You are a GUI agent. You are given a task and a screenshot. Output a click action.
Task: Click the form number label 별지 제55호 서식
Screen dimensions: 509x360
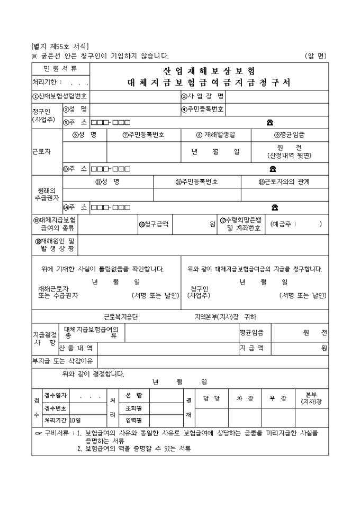tap(60, 47)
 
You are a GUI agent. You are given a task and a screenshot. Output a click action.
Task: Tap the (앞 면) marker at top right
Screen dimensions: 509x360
tap(316, 56)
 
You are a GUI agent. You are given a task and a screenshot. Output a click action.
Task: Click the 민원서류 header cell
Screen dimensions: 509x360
tap(60, 69)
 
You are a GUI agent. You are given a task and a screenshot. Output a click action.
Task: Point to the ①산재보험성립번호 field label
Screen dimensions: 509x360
tap(60, 96)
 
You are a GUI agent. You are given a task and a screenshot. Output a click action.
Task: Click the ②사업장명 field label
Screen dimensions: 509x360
tap(203, 96)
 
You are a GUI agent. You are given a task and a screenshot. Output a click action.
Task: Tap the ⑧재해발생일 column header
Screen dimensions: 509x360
tap(215, 135)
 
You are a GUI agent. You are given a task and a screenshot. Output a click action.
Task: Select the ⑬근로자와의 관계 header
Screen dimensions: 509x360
tap(284, 181)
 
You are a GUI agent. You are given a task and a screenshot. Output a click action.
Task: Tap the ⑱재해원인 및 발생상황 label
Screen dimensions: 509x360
tap(55, 244)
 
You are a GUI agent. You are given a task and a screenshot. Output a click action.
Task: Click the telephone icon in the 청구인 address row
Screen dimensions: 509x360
tap(270, 123)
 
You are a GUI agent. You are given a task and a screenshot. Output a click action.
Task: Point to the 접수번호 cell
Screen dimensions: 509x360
tap(55, 408)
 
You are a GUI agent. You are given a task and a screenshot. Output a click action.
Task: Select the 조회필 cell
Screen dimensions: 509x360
tap(133, 408)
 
